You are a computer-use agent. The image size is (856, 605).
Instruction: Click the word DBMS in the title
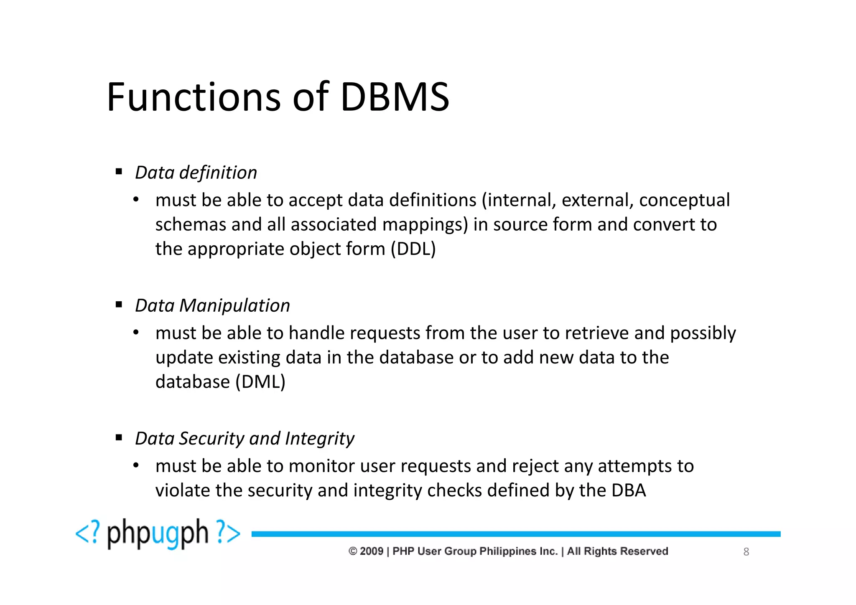[x=395, y=97]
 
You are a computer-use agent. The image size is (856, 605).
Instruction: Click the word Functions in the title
[x=194, y=97]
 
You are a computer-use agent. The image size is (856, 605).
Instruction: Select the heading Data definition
[x=196, y=173]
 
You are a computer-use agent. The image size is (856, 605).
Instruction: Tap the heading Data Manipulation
[x=212, y=305]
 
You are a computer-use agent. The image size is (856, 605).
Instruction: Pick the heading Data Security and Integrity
[x=245, y=438]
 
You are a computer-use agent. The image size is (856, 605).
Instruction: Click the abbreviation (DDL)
[x=413, y=249]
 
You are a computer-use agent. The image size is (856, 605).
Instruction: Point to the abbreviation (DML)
[x=260, y=382]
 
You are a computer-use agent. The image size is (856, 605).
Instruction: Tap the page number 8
[x=746, y=552]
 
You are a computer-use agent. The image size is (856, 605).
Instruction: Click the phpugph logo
[x=158, y=534]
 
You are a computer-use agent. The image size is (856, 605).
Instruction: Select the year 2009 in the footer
[x=371, y=551]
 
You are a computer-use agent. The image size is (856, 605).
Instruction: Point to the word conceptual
[x=684, y=200]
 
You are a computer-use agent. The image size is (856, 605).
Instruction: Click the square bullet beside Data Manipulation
[x=119, y=305]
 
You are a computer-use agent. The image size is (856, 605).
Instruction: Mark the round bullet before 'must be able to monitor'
[x=136, y=465]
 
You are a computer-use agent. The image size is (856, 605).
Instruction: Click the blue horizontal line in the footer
[x=516, y=534]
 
